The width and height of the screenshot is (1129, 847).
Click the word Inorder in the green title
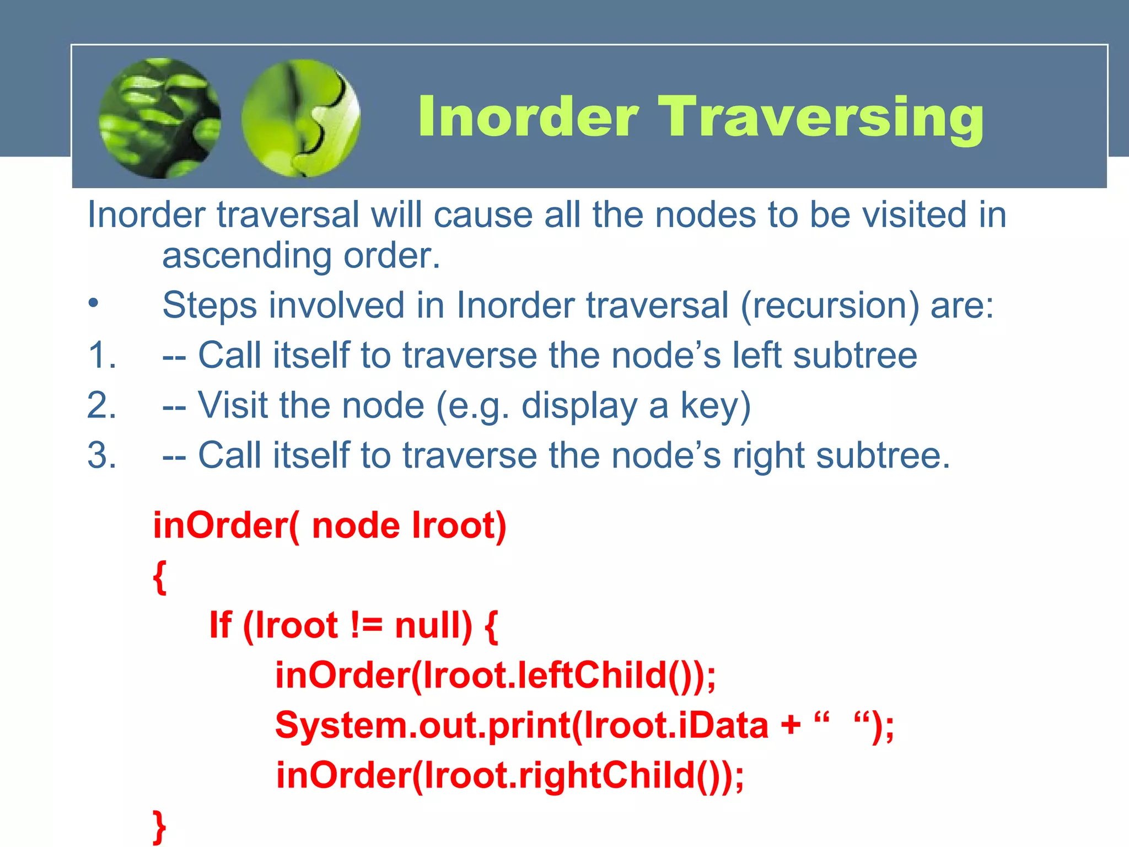[x=528, y=117]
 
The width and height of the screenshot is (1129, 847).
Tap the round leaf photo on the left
[x=160, y=118]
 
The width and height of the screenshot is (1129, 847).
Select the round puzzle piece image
[x=301, y=118]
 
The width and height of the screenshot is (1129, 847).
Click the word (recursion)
[x=830, y=305]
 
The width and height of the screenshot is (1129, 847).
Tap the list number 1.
[x=102, y=355]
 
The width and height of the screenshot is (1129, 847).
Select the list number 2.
[x=102, y=405]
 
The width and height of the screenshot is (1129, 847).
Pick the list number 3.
[x=102, y=455]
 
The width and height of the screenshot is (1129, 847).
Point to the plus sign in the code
[x=791, y=725]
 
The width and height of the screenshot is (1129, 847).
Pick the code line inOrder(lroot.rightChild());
[x=509, y=775]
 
